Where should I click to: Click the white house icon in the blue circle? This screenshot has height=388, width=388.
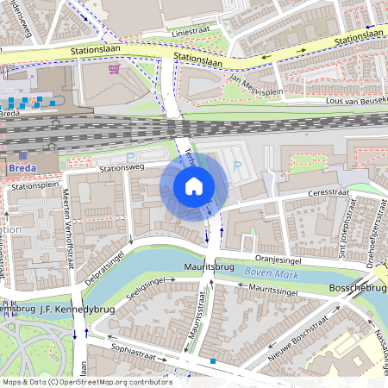(x=194, y=186)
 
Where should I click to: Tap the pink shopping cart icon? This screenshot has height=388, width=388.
(x=114, y=69)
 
